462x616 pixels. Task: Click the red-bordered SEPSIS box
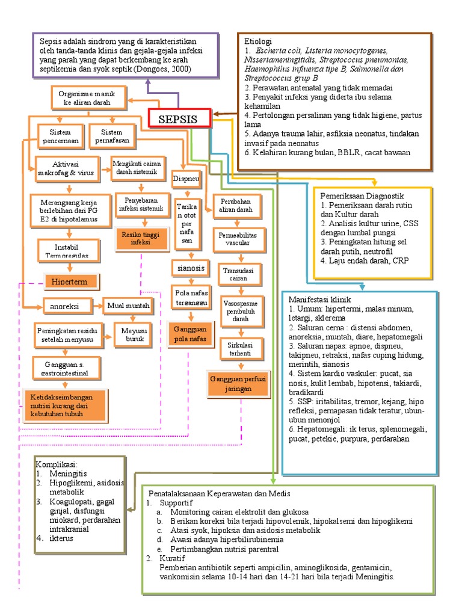coord(179,119)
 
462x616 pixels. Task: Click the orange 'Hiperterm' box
coord(70,282)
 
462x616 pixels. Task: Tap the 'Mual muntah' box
coord(128,306)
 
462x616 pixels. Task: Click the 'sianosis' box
coord(188,268)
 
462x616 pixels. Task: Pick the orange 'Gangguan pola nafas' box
coord(190,334)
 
